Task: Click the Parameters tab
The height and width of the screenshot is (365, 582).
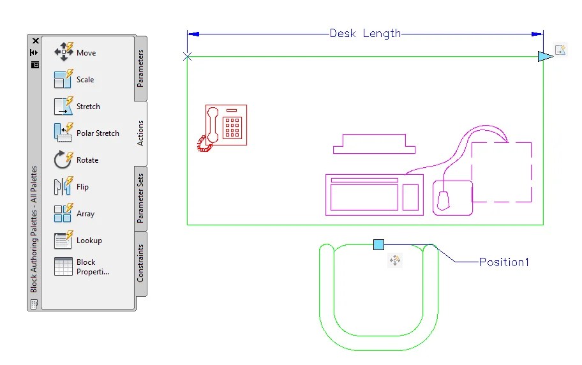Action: pos(141,68)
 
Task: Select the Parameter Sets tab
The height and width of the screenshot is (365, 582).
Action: pos(141,198)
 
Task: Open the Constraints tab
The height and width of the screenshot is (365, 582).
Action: pos(141,263)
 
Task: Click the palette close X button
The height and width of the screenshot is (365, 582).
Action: pos(36,41)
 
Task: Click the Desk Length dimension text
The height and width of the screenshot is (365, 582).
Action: pos(365,33)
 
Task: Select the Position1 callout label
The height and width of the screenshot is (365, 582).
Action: pos(504,262)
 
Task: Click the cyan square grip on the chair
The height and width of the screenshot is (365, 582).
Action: pos(378,244)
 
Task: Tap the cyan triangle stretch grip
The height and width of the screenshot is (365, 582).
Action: pos(544,57)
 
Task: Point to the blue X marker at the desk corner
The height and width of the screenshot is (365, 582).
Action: pos(187,57)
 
